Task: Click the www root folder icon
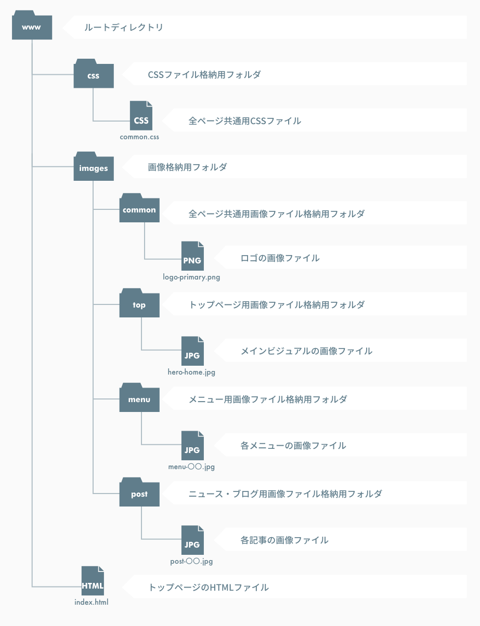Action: [x=32, y=26]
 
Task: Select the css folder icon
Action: [x=94, y=74]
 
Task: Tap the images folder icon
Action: [x=94, y=167]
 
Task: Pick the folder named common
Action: [x=139, y=209]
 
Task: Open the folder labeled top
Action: [x=139, y=303]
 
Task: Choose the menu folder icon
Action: [x=139, y=398]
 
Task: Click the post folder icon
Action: [x=139, y=493]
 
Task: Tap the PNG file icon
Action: [x=192, y=257]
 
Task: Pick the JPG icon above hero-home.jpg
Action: [x=192, y=353]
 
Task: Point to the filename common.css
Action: [x=139, y=137]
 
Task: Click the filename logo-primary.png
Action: [x=191, y=277]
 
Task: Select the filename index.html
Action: [x=92, y=603]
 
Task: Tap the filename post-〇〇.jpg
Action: [x=191, y=562]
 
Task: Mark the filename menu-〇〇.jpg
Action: [x=191, y=467]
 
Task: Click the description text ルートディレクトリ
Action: [x=124, y=27]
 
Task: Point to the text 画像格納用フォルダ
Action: [x=187, y=167]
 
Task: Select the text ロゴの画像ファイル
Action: [x=280, y=258]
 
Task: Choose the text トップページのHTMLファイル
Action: [x=208, y=588]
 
